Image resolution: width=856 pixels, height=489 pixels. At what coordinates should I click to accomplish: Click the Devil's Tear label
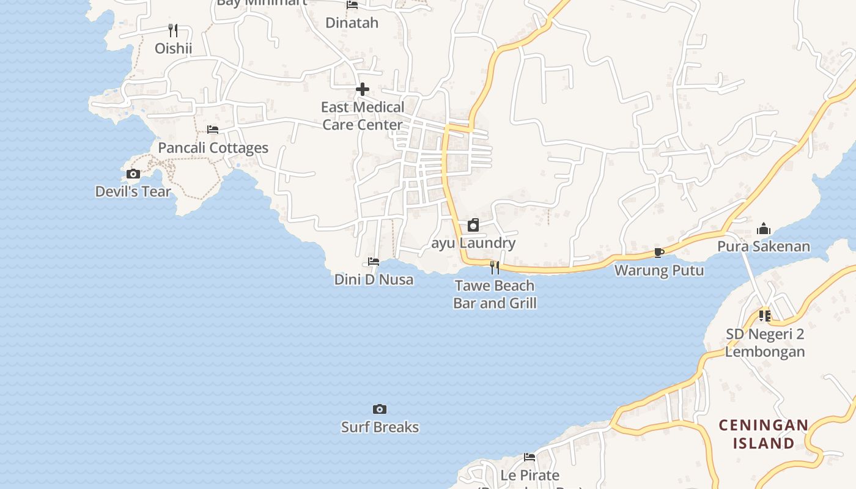point(133,191)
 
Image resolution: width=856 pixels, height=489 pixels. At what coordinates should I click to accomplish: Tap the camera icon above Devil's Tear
point(133,174)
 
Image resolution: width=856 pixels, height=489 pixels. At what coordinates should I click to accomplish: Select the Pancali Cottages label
point(213,148)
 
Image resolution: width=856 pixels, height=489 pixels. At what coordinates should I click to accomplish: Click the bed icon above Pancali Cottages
point(213,130)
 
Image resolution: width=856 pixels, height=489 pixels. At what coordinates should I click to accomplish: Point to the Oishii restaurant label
point(173,48)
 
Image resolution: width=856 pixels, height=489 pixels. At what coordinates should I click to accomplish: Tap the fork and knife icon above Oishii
point(173,30)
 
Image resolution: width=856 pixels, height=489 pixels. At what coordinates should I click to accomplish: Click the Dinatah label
point(352,23)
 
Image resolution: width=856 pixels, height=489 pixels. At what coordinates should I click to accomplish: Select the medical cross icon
point(362,90)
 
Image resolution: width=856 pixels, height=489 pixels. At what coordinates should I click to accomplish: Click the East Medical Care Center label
point(363,116)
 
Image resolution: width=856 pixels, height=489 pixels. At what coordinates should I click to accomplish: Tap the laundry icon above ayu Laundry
point(473,226)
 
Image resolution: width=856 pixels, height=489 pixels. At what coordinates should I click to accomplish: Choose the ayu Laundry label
point(473,243)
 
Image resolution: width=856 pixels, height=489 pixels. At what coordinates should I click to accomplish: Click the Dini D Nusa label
point(374,280)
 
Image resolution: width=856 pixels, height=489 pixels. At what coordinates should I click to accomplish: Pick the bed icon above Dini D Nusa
point(374,262)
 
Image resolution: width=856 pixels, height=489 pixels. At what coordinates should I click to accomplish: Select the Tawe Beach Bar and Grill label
point(495,294)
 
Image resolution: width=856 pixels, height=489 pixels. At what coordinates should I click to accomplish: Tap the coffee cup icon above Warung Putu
point(659,252)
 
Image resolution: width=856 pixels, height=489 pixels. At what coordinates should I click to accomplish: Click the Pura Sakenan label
point(764,247)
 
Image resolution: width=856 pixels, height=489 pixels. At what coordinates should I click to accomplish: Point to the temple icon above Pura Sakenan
point(764,229)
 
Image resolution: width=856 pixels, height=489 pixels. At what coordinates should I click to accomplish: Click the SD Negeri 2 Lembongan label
point(764,343)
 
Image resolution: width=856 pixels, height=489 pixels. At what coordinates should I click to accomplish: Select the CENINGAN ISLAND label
point(764,434)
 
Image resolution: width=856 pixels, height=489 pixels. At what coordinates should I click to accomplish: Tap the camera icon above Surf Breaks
point(380,409)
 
